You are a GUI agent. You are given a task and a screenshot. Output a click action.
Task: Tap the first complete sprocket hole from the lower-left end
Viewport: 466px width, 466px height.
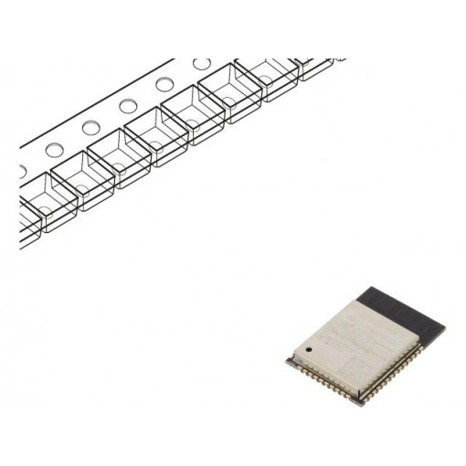click(53, 149)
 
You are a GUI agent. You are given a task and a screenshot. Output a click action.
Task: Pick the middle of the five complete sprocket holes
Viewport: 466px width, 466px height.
click(128, 106)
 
